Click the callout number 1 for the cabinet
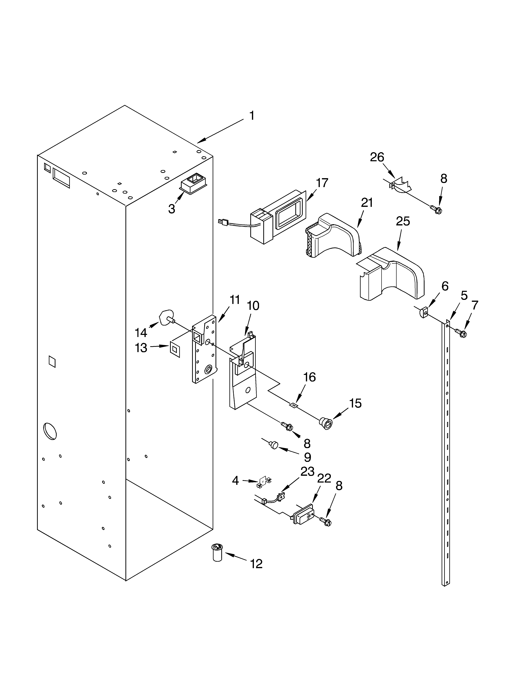click(252, 116)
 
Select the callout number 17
click(322, 183)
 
